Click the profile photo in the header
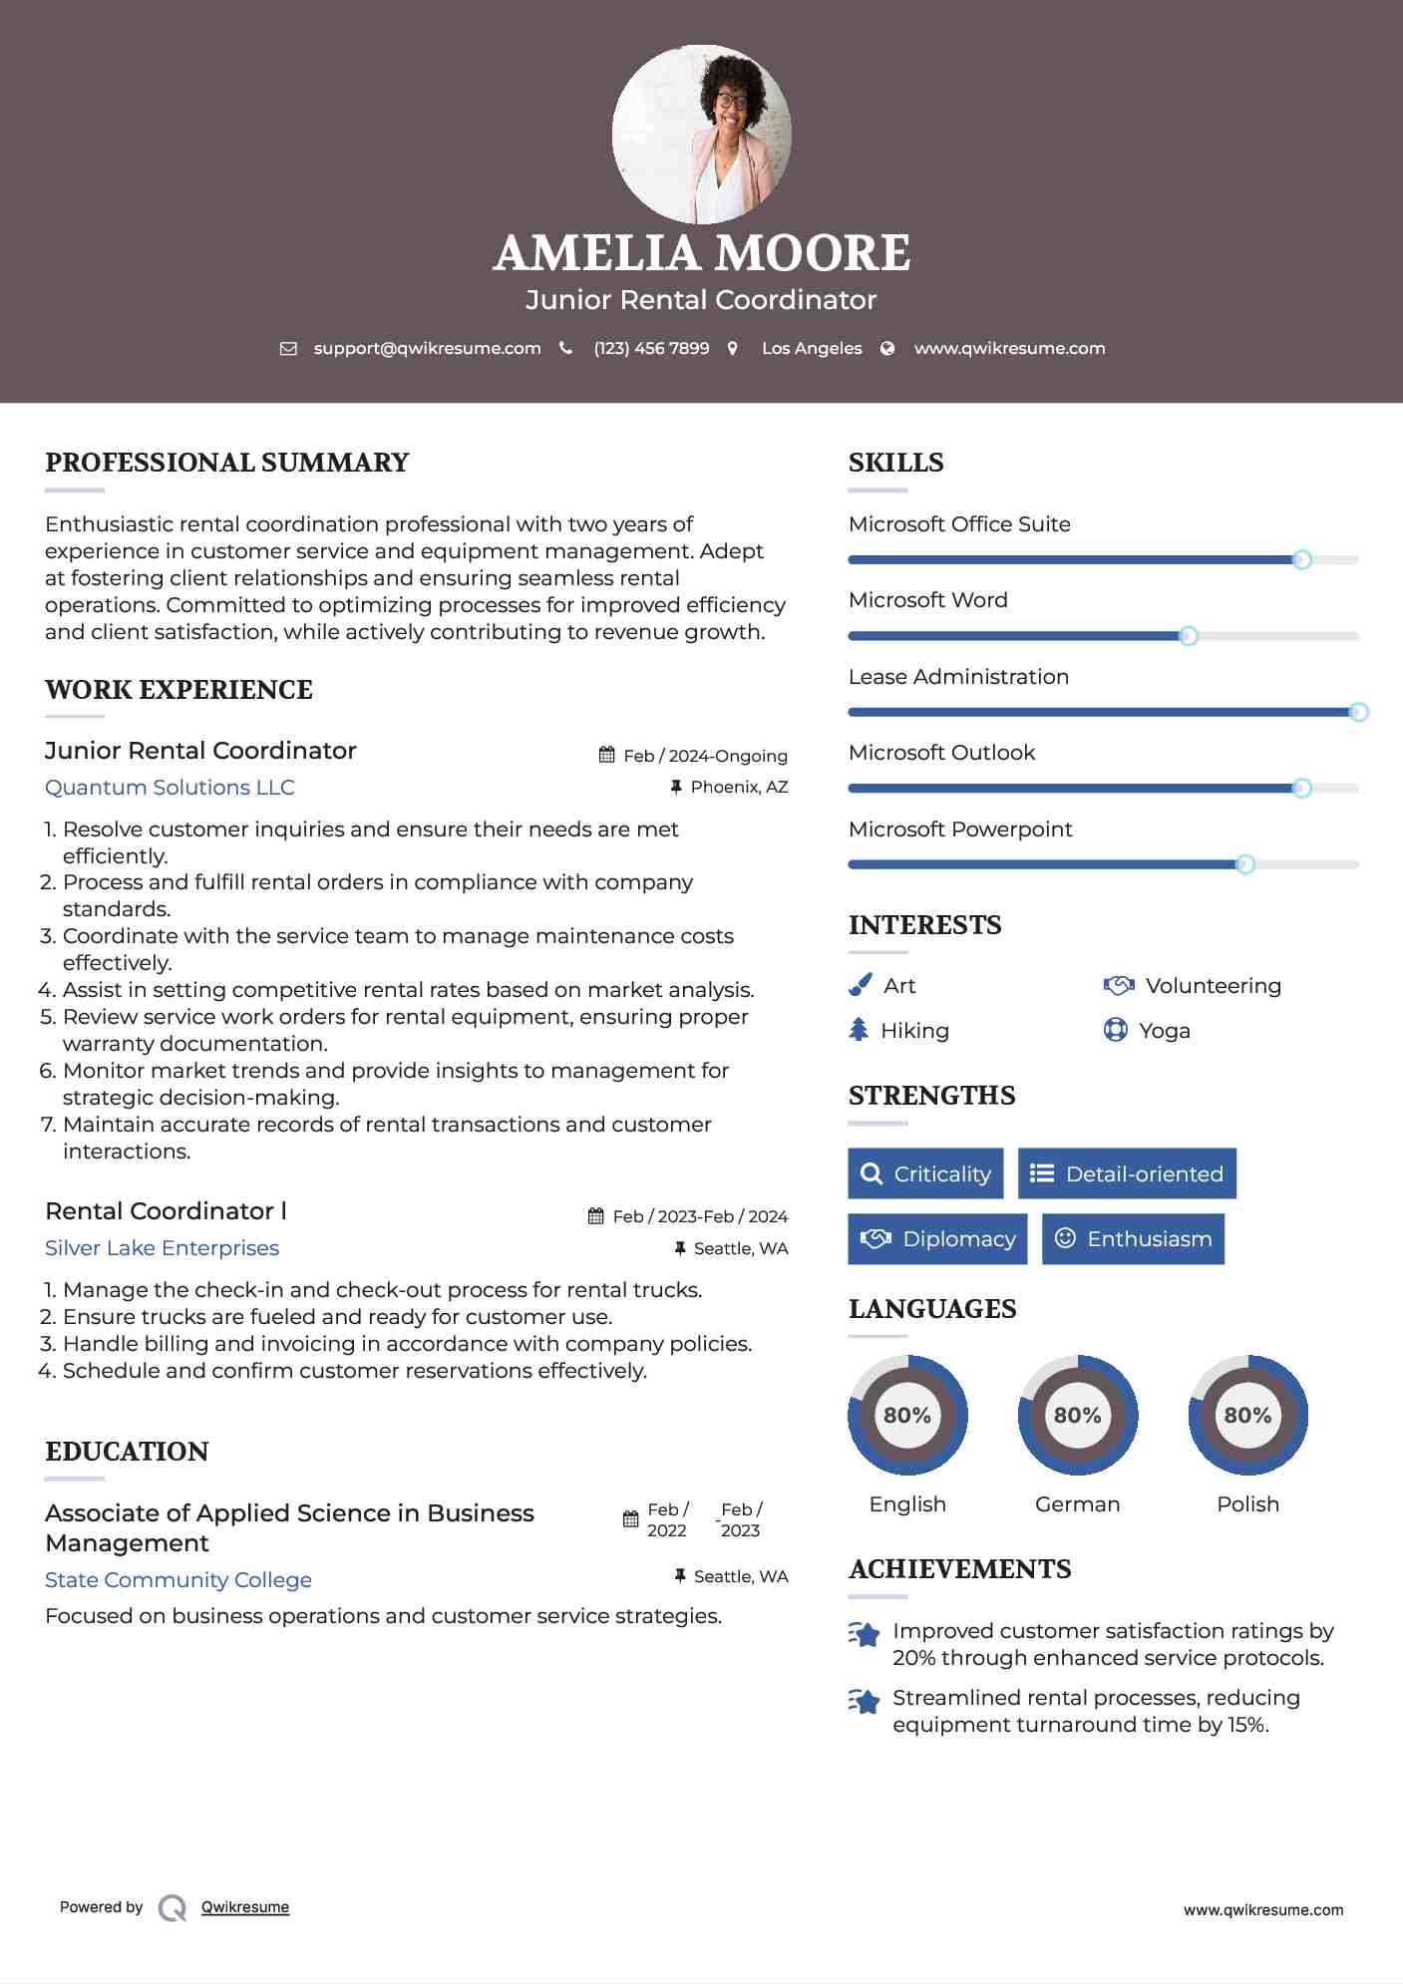tap(701, 135)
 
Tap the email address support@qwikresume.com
tap(427, 348)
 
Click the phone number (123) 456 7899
tap(651, 348)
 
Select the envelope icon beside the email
tap(288, 348)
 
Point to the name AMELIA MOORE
tap(701, 253)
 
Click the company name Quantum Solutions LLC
tap(170, 788)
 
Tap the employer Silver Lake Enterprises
tap(162, 1248)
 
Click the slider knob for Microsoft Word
tap(1188, 636)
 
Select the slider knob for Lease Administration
tap(1358, 712)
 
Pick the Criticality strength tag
tap(925, 1173)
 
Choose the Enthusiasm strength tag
tap(1133, 1239)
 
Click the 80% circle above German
tap(1077, 1415)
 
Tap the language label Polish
tap(1247, 1503)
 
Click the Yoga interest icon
tap(1115, 1030)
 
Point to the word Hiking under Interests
tap(914, 1031)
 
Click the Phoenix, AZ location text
tap(739, 787)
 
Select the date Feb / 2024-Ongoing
tap(705, 756)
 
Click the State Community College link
tap(178, 1580)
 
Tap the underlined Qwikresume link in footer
tap(245, 1907)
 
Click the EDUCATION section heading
tap(127, 1452)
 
